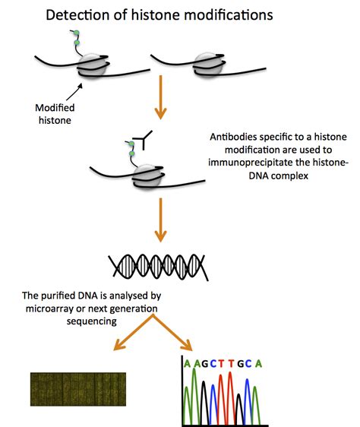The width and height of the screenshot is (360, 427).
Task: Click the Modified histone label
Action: (x=55, y=114)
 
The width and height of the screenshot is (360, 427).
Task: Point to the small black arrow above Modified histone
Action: (x=74, y=91)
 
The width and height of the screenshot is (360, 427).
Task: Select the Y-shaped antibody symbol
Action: (x=143, y=140)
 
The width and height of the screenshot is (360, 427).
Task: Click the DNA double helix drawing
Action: (x=158, y=267)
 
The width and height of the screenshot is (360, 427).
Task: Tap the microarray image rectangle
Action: (x=78, y=389)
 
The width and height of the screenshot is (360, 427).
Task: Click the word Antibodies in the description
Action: (x=233, y=137)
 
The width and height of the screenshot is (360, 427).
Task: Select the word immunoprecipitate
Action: (x=259, y=163)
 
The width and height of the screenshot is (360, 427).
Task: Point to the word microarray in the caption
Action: (x=50, y=308)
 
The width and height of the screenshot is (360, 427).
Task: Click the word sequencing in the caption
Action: (x=92, y=321)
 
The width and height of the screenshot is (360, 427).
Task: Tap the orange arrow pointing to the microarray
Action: (x=134, y=332)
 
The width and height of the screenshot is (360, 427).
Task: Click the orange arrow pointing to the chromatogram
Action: (x=172, y=332)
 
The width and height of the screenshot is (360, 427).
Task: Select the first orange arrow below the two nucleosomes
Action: (x=161, y=97)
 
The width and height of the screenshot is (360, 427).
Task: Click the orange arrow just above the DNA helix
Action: (x=161, y=220)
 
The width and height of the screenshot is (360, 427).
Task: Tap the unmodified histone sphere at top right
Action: (x=207, y=65)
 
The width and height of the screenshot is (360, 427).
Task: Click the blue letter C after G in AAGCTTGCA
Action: (x=213, y=363)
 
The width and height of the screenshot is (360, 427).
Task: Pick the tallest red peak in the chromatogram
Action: (x=230, y=397)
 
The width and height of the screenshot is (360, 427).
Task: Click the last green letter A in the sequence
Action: (x=258, y=363)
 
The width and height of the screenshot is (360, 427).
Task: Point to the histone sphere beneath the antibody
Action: (x=147, y=176)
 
